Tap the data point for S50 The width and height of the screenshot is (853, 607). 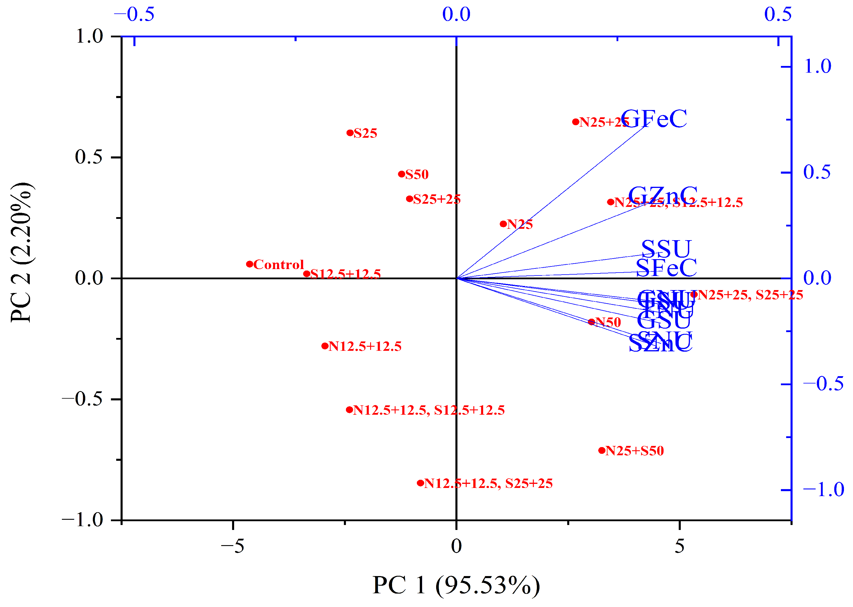pyautogui.click(x=401, y=174)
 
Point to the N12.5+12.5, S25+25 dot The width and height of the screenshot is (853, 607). pyautogui.click(x=420, y=483)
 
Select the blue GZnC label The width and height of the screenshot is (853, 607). pyautogui.click(x=663, y=196)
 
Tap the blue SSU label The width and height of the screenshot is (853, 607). pyautogui.click(x=666, y=249)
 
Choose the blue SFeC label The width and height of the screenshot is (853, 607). pyautogui.click(x=666, y=268)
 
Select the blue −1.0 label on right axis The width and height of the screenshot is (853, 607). pyautogui.click(x=823, y=490)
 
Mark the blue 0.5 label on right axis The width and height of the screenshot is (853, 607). pyautogui.click(x=817, y=172)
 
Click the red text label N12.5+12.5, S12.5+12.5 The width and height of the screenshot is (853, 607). pyautogui.click(x=429, y=410)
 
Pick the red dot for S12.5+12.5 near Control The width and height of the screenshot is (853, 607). pyautogui.click(x=307, y=274)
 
